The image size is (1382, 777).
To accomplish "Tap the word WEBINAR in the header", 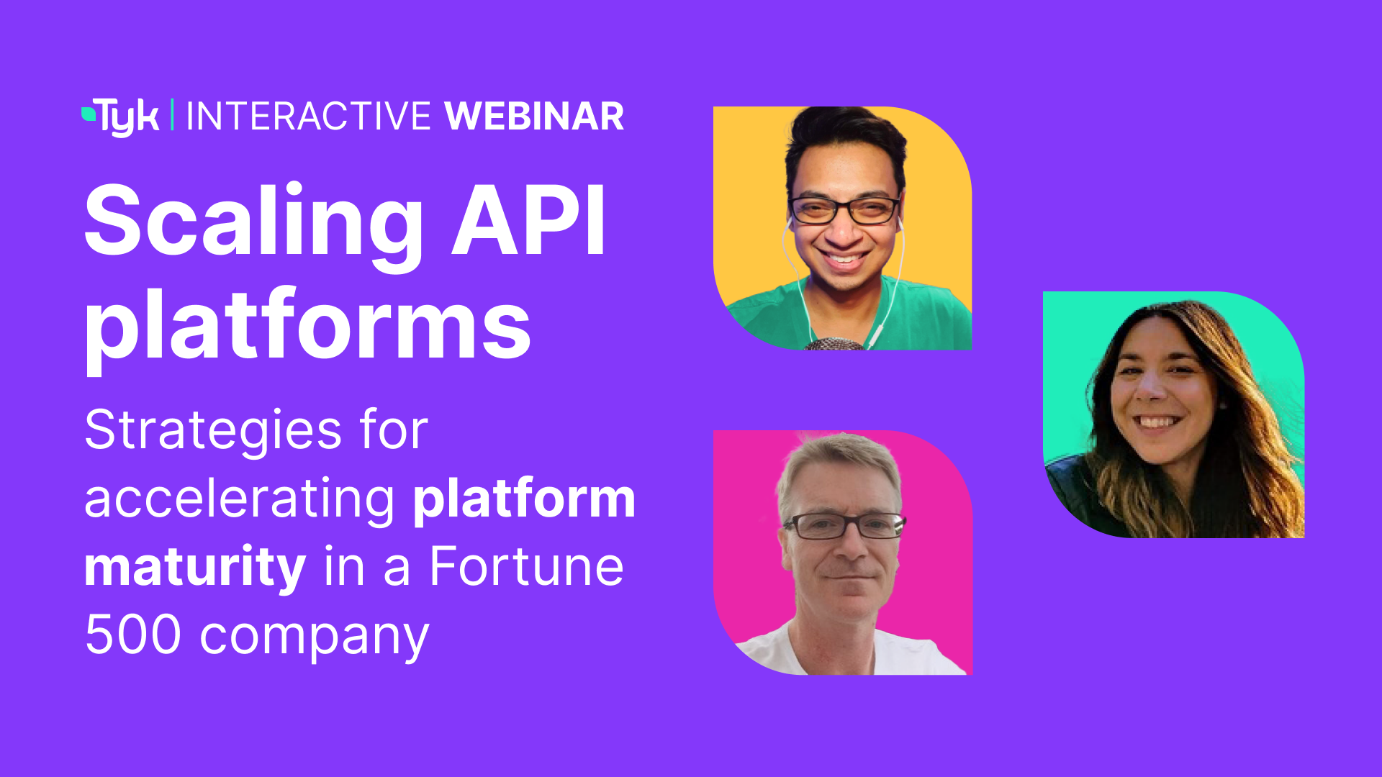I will click(x=534, y=117).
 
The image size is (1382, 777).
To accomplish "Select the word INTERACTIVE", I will click(x=308, y=117).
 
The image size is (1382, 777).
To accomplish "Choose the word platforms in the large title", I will click(x=308, y=327).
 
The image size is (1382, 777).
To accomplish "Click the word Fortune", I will click(x=526, y=567).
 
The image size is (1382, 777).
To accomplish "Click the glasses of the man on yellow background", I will click(x=844, y=210).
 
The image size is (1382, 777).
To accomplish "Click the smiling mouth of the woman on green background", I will click(x=1157, y=422).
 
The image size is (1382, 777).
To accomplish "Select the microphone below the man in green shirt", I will click(x=835, y=345).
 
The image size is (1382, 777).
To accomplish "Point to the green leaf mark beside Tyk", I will click(x=88, y=113).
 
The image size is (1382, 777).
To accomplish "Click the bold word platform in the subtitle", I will click(x=524, y=499).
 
